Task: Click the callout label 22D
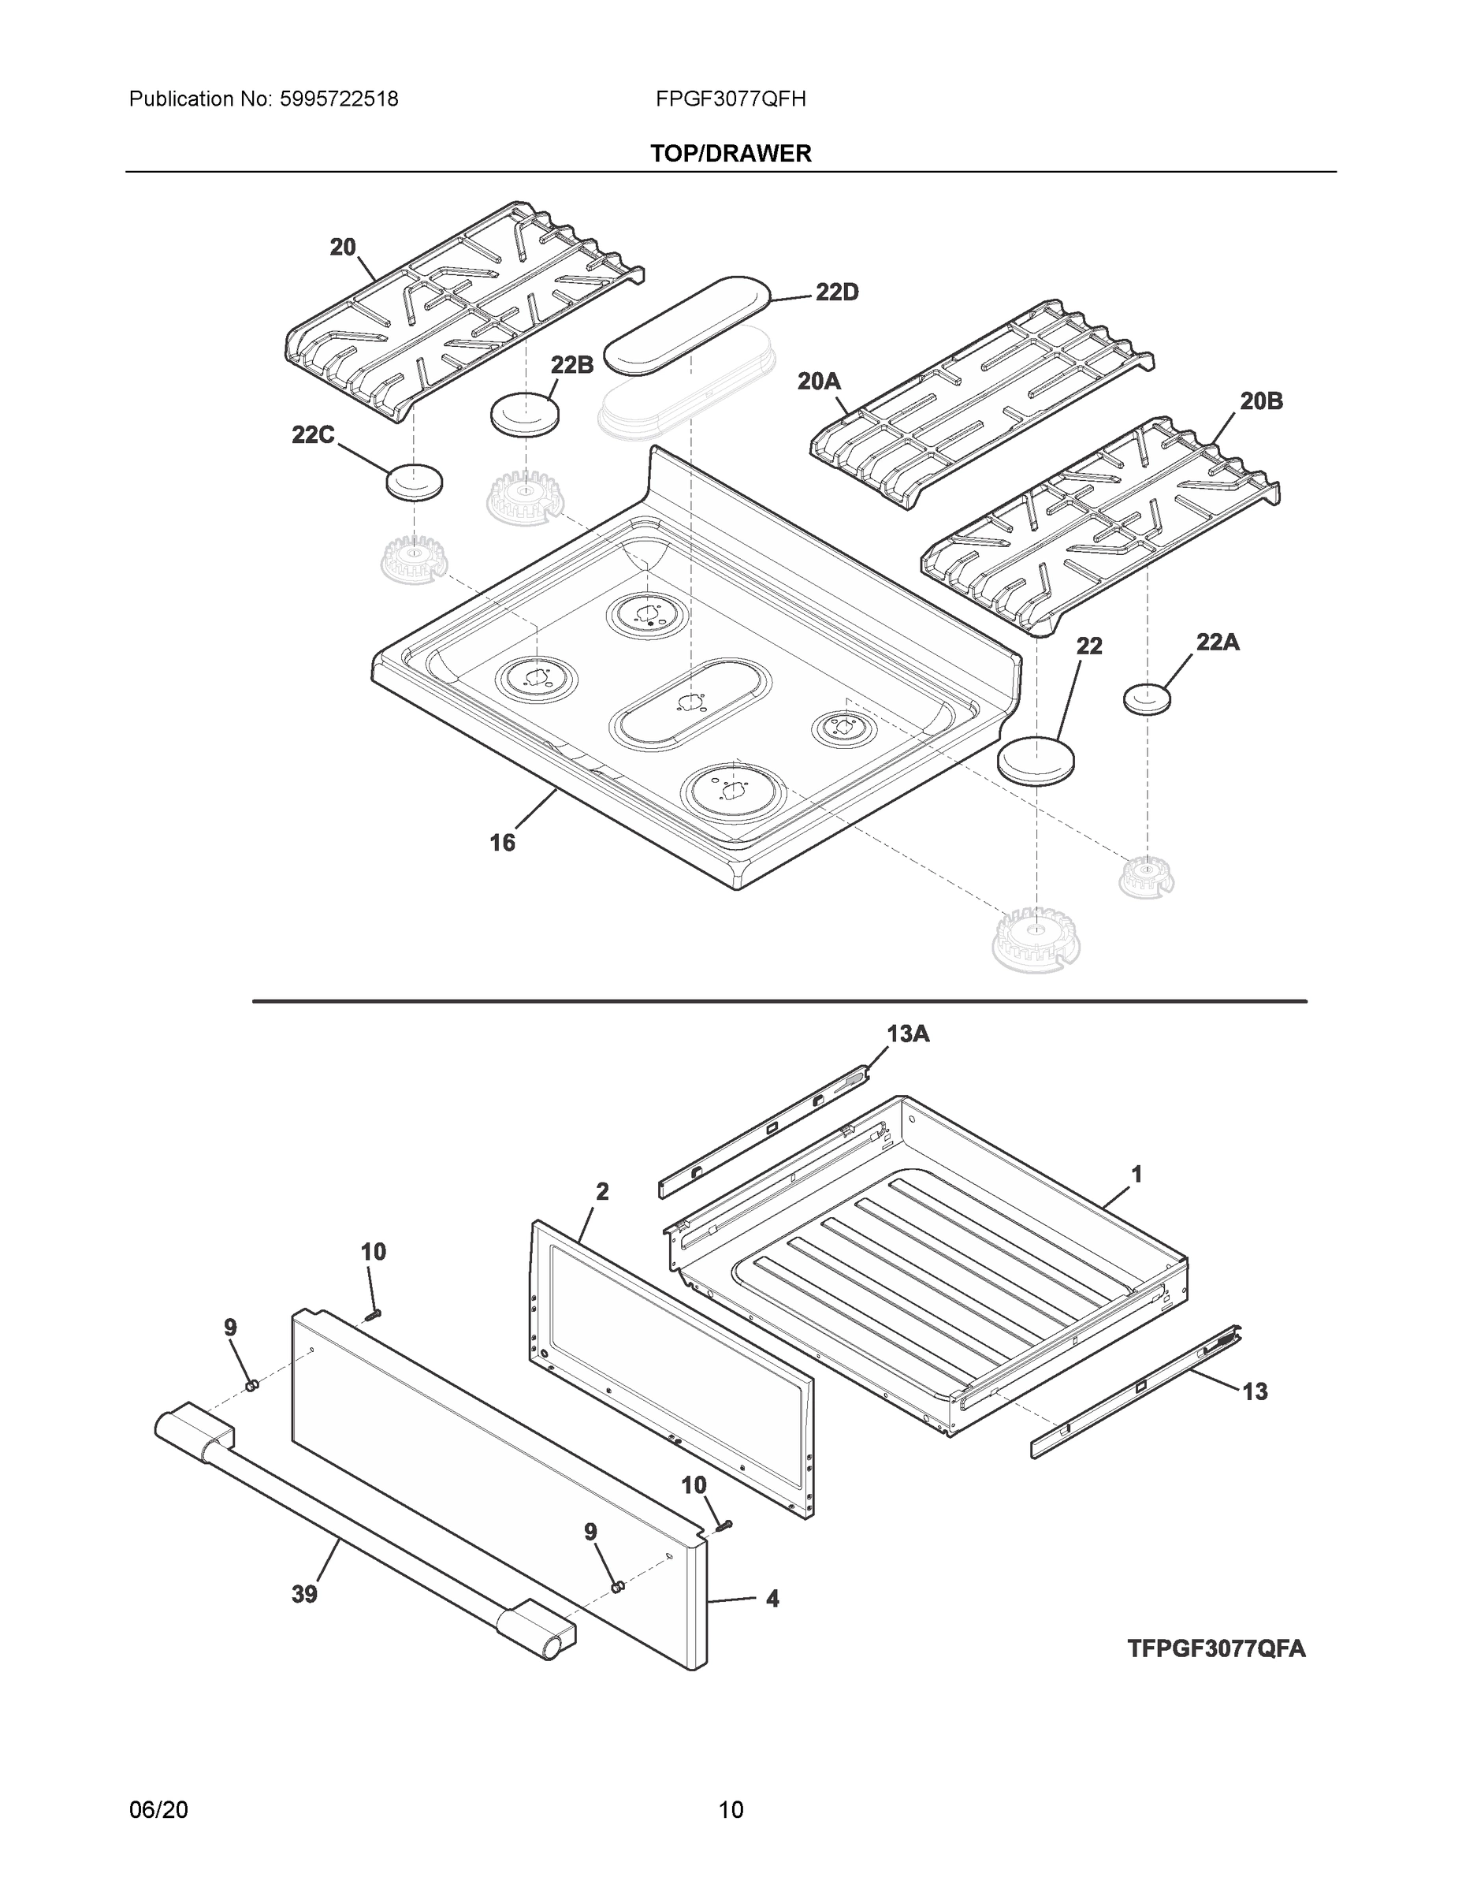[837, 292]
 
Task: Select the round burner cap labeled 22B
[525, 414]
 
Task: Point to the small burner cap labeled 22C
[414, 482]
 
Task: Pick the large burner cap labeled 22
[1036, 762]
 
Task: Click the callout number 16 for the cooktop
[502, 842]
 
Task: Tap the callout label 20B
[1261, 401]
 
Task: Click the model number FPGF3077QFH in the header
[730, 99]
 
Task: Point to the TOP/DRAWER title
[730, 154]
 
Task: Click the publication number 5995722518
[339, 99]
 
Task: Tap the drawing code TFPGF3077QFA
[1216, 1648]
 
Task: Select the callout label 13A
[908, 1034]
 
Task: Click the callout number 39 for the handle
[304, 1594]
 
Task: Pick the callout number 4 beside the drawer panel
[772, 1598]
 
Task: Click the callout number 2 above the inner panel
[602, 1192]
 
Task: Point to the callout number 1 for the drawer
[1136, 1174]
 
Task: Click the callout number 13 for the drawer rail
[1254, 1391]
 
